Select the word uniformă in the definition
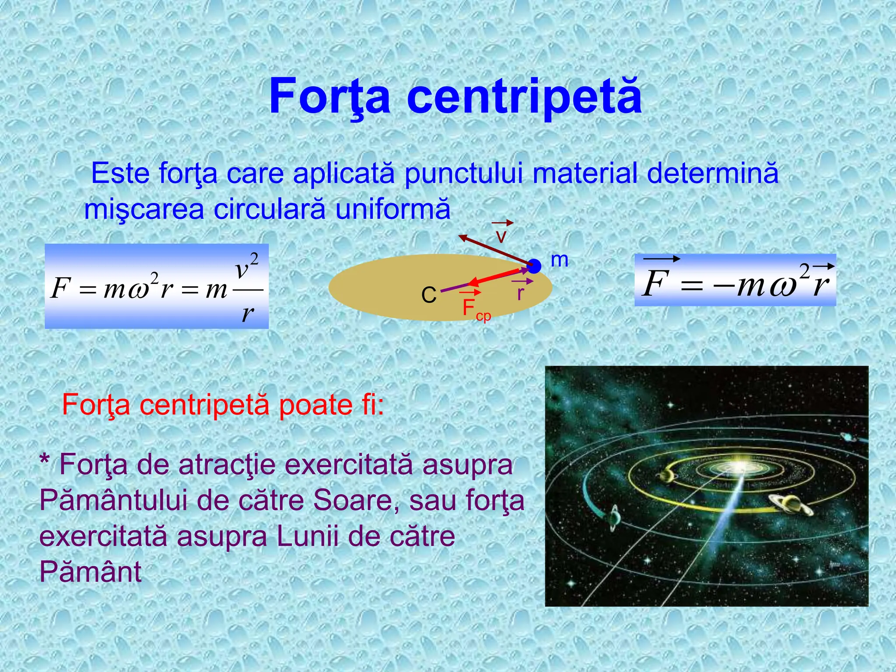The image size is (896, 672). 392,210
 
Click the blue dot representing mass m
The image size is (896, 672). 534,266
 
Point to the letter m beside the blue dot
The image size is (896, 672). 559,260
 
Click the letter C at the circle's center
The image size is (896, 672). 429,295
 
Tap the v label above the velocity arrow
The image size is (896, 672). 501,236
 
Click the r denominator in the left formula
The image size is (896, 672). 248,313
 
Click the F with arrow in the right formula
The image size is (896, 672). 657,282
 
